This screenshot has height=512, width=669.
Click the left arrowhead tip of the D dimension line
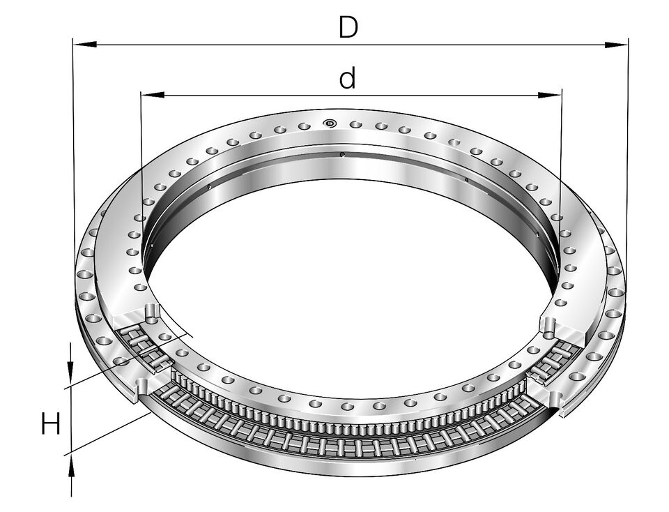pyautogui.click(x=73, y=44)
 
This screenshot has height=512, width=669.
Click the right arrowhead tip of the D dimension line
pyautogui.click(x=628, y=44)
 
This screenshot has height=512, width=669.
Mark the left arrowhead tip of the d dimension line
pyautogui.click(x=141, y=95)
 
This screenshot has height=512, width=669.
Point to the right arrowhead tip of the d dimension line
pyautogui.click(x=562, y=95)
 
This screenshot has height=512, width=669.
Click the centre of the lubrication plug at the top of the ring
pyautogui.click(x=330, y=123)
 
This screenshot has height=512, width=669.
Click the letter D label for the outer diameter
pyautogui.click(x=348, y=27)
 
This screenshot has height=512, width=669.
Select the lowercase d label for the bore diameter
pyautogui.click(x=347, y=77)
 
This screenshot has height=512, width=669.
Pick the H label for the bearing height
pyautogui.click(x=50, y=422)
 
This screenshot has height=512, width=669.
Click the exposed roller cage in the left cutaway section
pyautogui.click(x=144, y=349)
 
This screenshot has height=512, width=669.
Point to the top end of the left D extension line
pyautogui.click(x=73, y=38)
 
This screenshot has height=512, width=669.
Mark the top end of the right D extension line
pyautogui.click(x=628, y=38)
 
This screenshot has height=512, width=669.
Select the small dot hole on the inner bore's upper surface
pyautogui.click(x=342, y=155)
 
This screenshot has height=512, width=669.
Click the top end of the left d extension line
pyautogui.click(x=141, y=90)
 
